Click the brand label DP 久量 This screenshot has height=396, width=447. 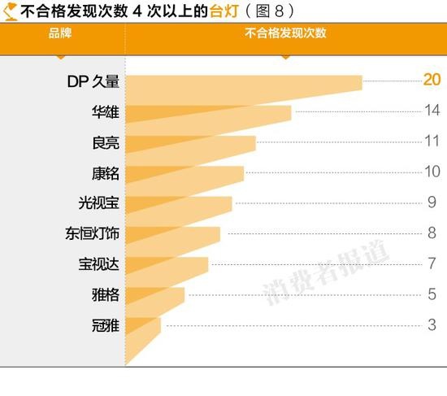[x=93, y=81]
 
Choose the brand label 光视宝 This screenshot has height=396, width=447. [x=99, y=202]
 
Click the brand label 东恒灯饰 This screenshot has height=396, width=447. [x=93, y=233]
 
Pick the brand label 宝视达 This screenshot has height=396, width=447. [x=99, y=264]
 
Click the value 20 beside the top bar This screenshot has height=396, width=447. [x=431, y=80]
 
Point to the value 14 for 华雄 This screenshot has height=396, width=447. [x=432, y=111]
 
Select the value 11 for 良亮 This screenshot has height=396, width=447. [x=432, y=141]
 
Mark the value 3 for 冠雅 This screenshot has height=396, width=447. [x=432, y=324]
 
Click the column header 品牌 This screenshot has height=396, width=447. [x=60, y=33]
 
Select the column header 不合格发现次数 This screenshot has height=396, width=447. [x=284, y=33]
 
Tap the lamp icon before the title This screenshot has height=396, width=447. [x=11, y=10]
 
